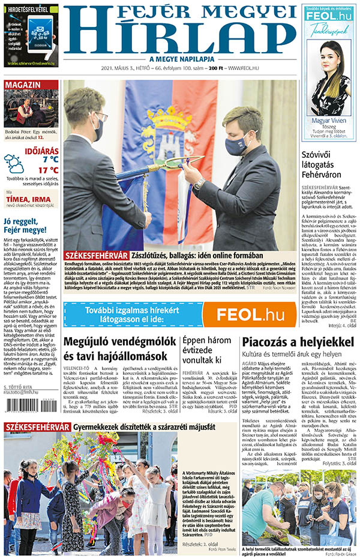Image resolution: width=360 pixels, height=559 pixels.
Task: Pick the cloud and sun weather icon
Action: coord(14,163)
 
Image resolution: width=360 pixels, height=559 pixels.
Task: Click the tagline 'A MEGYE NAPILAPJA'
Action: coord(179,59)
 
